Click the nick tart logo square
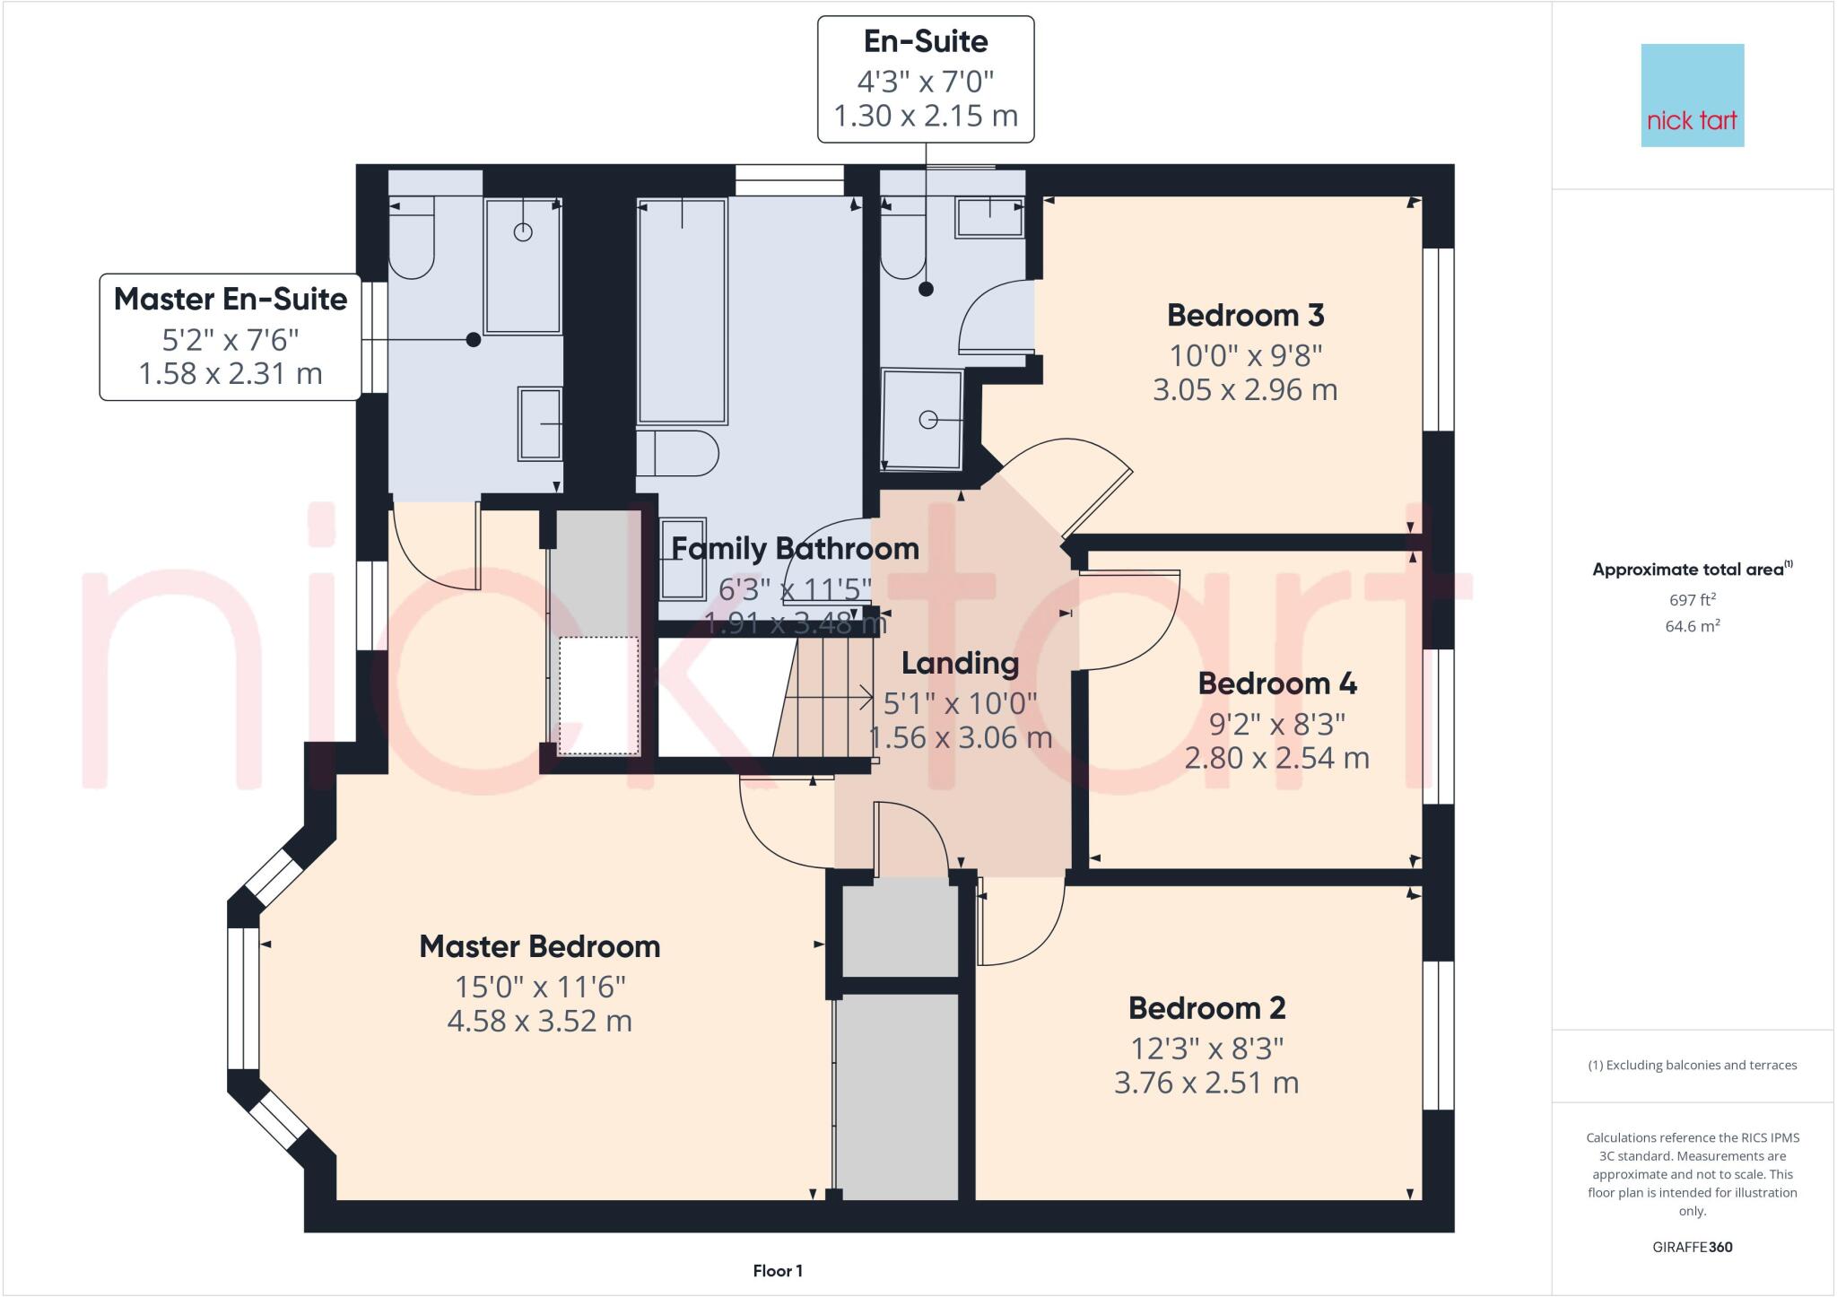point(1692,95)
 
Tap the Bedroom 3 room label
point(1245,316)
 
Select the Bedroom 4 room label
point(1276,683)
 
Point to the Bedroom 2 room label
point(1206,1008)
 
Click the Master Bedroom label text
point(539,946)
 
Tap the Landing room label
point(960,664)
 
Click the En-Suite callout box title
point(925,41)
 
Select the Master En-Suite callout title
point(231,299)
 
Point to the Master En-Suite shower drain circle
point(523,232)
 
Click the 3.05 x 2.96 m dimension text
point(1245,390)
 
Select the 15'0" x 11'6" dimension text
point(539,987)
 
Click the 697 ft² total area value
point(1692,600)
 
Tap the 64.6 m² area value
point(1692,626)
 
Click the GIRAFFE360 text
point(1692,1247)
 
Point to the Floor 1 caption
point(778,1271)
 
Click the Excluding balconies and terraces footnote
point(1692,1066)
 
